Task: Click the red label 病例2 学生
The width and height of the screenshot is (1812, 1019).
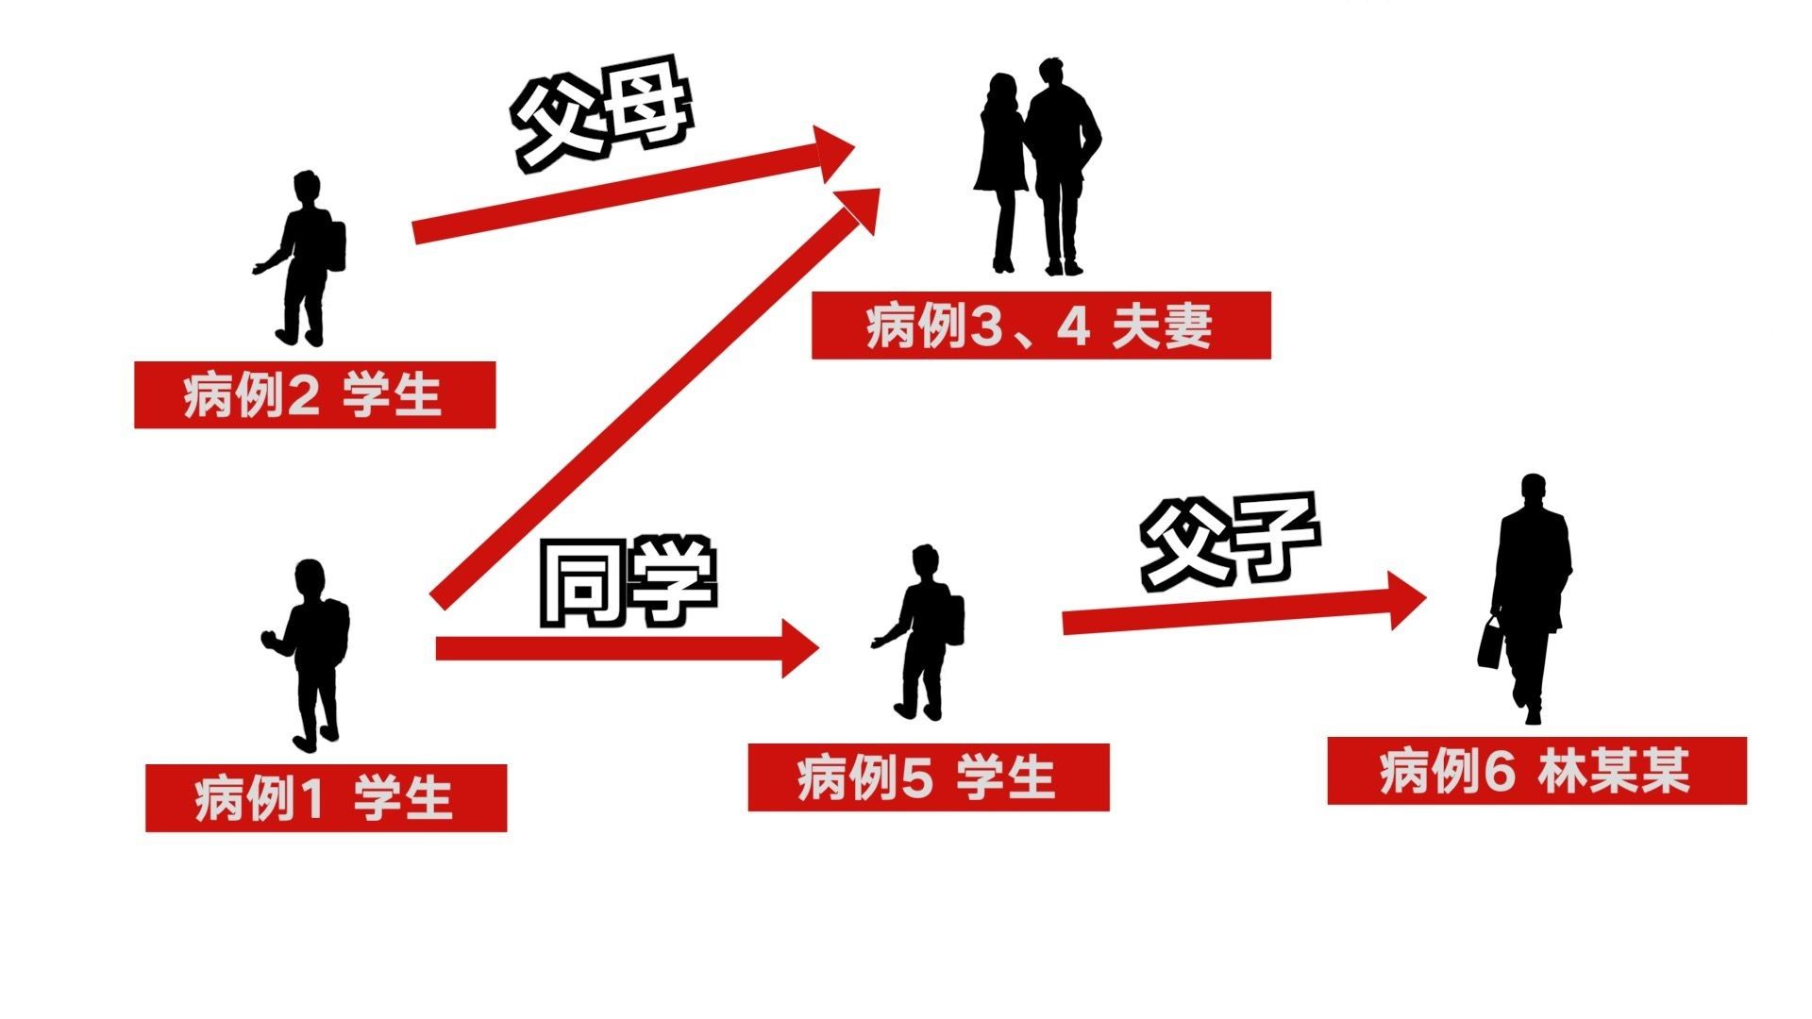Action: point(314,394)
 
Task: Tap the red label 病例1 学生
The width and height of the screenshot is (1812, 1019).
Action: point(326,798)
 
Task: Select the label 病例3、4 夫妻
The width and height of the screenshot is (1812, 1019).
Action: point(1041,326)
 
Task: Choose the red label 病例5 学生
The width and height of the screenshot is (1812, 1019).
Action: point(929,777)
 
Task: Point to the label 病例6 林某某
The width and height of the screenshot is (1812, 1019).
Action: point(1537,771)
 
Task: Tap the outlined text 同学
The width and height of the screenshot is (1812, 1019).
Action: point(628,583)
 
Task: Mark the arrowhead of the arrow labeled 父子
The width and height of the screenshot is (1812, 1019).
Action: point(1407,600)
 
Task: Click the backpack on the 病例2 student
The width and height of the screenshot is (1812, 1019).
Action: point(335,245)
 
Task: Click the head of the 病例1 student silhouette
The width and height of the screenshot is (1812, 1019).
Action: point(309,577)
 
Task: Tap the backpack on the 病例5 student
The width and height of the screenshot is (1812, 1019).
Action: point(954,620)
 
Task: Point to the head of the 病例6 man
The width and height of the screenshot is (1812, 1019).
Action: point(1534,492)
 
